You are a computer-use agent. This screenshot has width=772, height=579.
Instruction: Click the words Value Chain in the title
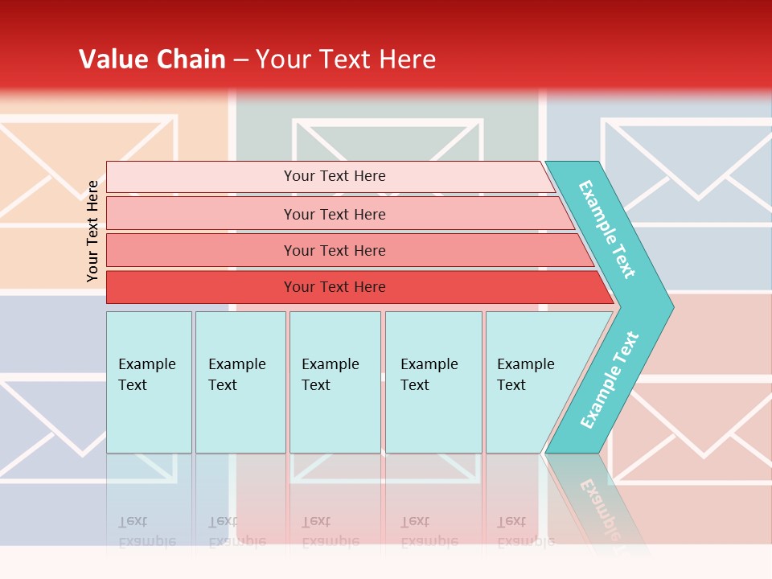[x=152, y=59]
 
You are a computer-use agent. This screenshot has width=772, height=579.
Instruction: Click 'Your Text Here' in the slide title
[x=346, y=59]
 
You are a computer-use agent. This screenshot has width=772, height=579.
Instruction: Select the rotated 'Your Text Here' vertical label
[x=92, y=231]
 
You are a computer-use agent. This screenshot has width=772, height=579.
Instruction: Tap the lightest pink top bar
[x=334, y=176]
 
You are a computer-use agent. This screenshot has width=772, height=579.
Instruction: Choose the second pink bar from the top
[x=334, y=214]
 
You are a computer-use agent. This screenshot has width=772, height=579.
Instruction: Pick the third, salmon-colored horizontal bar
[x=334, y=250]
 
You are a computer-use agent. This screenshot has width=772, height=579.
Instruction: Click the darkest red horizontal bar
[x=334, y=287]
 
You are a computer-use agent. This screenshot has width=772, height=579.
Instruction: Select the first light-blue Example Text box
[x=149, y=382]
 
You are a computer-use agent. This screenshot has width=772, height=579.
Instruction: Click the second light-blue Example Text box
[x=240, y=382]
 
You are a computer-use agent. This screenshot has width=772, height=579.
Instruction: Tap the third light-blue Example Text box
[x=335, y=382]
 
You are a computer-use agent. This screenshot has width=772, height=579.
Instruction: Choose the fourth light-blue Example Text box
[x=433, y=382]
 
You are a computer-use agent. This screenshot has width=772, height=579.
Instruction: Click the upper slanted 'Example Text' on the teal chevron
[x=607, y=229]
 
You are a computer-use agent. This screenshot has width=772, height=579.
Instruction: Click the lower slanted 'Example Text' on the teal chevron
[x=610, y=380]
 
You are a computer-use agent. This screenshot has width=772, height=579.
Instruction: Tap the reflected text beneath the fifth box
[x=524, y=531]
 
